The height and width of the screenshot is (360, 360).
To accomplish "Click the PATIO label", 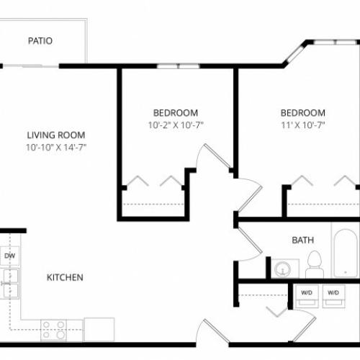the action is tap(40, 41).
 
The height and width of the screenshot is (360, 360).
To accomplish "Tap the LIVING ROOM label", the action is tap(56, 135).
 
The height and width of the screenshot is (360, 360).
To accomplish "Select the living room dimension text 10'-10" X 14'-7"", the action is tap(56, 147).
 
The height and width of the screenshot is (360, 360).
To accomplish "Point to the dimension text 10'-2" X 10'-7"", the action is tap(176, 125).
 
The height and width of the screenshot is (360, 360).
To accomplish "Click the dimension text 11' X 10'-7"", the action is tap(303, 125).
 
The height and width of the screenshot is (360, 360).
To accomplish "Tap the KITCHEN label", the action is tap(65, 277).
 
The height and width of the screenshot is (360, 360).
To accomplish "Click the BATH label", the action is tap(302, 240).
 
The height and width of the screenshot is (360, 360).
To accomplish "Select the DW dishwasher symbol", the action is tap(9, 256).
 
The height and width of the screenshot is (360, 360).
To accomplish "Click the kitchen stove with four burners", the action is tap(53, 330).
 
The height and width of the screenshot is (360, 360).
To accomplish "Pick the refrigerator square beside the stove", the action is tap(99, 329).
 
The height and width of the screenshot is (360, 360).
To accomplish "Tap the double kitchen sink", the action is tap(9, 284).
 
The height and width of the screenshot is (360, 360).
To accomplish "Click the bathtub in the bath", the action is tap(346, 253).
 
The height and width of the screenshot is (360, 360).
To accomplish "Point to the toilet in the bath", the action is tap(315, 264).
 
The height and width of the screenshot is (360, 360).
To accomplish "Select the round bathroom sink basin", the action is tap(283, 269).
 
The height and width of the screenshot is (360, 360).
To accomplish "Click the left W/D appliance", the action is tap(307, 296).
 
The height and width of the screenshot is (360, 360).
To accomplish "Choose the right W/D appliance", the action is tap(333, 296).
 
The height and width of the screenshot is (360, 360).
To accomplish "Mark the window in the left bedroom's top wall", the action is tap(178, 66).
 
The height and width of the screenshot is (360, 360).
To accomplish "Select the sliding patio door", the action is tap(31, 66).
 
